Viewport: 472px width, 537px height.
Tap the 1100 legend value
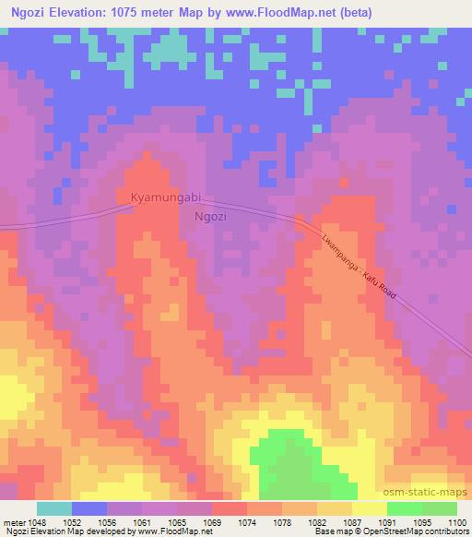point(457,521)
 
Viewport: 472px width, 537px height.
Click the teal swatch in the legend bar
point(54,508)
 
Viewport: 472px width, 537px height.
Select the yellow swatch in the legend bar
point(369,508)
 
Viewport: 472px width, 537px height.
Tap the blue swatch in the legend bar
point(89,508)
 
